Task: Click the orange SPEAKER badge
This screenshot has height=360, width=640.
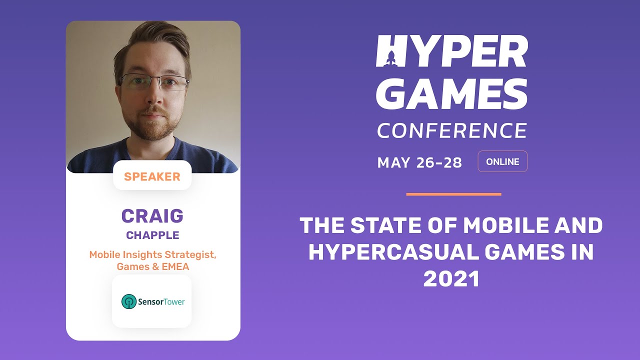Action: click(152, 176)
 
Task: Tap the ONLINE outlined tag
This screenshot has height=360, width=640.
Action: click(502, 161)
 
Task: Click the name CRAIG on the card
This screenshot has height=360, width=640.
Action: click(152, 216)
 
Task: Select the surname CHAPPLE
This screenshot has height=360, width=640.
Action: click(152, 235)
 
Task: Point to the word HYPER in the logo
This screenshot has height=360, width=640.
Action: click(451, 51)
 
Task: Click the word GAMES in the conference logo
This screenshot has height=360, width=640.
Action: click(451, 94)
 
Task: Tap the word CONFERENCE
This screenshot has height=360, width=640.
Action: click(451, 130)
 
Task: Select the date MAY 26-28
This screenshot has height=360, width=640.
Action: click(419, 162)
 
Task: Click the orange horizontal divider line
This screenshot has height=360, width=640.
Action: click(453, 194)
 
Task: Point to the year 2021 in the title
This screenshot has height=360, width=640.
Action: click(451, 279)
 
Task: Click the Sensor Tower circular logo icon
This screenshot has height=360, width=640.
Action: click(129, 301)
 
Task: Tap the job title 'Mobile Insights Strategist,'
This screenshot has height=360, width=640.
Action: click(152, 254)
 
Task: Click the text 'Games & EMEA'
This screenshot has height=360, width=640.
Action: click(152, 266)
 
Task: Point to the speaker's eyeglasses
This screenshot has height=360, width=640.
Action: click(154, 82)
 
